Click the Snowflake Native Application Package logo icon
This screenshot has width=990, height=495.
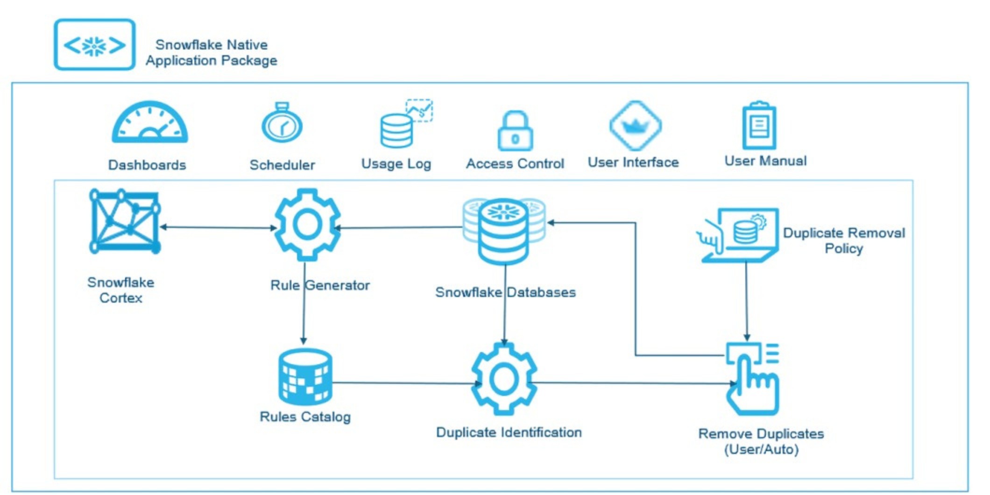[x=95, y=45]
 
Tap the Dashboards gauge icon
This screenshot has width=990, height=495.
[x=149, y=123]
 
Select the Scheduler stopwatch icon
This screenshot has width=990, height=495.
[x=282, y=124]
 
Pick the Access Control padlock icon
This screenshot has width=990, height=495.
[x=515, y=131]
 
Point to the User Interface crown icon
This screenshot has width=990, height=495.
[x=636, y=125]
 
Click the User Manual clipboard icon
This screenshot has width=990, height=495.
[x=759, y=126]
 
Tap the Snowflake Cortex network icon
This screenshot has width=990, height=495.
[x=125, y=221]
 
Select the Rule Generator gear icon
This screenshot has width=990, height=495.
[x=307, y=225]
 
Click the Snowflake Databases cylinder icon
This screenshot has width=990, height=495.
[x=504, y=231]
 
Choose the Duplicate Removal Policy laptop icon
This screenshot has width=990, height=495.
[x=741, y=234]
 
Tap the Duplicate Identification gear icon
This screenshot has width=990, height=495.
[x=504, y=379]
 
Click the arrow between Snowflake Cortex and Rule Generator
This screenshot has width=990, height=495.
[x=219, y=227]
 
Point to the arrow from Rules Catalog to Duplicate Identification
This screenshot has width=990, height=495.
[x=404, y=383]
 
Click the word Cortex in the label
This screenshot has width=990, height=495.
[x=121, y=298]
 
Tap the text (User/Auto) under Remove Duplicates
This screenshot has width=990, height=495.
[x=761, y=449]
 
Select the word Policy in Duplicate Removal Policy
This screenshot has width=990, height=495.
[x=843, y=248]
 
